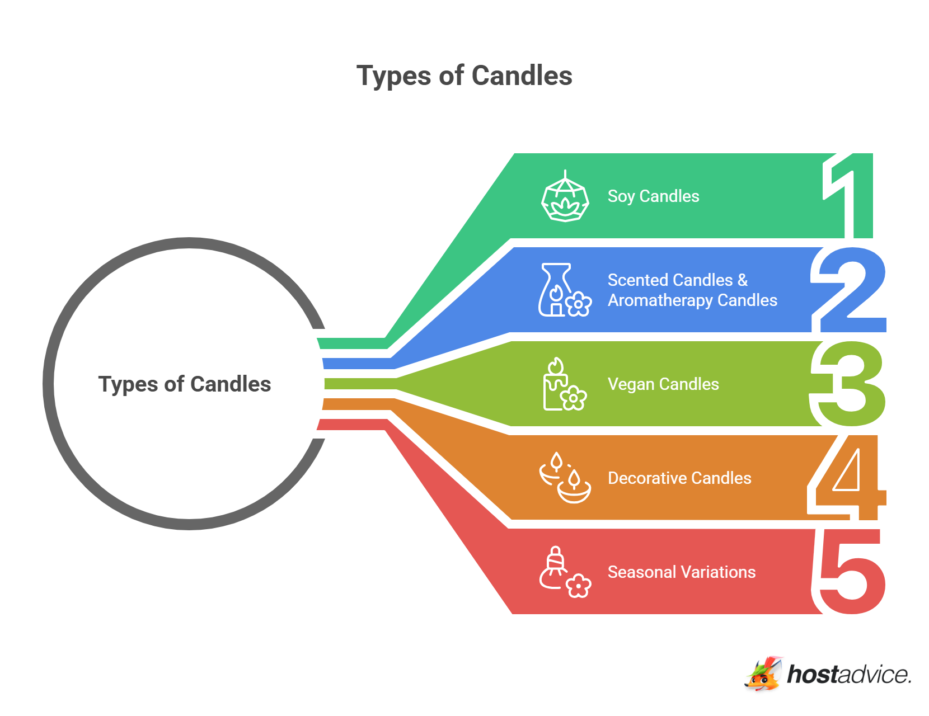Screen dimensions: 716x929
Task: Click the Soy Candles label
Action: point(653,196)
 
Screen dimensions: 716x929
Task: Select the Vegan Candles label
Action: point(663,384)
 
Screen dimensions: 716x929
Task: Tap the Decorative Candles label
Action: point(679,478)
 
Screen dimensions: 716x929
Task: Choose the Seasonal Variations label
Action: point(682,572)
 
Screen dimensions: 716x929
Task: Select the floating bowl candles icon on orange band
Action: point(565,478)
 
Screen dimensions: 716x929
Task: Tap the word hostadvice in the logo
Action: point(848,675)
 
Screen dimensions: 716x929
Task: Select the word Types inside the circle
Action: point(129,385)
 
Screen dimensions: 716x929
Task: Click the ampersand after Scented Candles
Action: point(743,280)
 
